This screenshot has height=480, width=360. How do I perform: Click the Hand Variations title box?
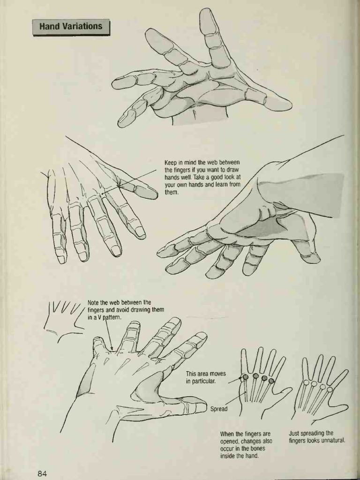coord(71,27)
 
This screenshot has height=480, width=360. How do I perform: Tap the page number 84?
coord(42,472)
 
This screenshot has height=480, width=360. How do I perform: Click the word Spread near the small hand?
coord(218,409)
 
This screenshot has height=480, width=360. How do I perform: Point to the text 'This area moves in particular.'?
coord(206,377)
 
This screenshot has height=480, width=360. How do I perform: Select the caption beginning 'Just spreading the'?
coord(317,437)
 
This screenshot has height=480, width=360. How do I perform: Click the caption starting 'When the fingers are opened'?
coord(246,444)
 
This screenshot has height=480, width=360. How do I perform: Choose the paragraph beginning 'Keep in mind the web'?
coord(202,178)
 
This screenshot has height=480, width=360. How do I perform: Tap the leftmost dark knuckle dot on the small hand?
coord(245,377)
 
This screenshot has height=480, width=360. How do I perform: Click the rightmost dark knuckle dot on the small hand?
coord(271,381)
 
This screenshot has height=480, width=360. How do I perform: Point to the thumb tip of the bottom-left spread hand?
coord(199,405)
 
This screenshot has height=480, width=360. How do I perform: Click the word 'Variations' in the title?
coord(84,27)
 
